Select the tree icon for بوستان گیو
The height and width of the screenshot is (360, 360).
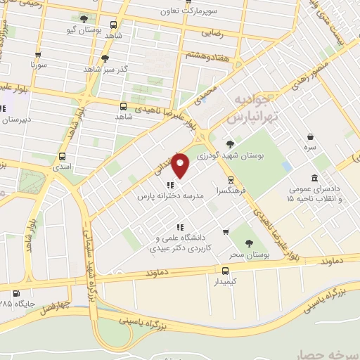coord(84,19)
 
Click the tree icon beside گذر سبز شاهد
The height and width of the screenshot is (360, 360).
coord(105,59)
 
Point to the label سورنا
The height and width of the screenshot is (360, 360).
coord(38,64)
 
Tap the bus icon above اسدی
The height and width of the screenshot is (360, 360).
coord(63,157)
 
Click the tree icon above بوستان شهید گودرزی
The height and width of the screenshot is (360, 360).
coord(230,144)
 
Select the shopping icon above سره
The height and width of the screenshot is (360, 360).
coord(309,137)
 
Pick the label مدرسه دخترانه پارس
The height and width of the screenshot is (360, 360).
coord(171,195)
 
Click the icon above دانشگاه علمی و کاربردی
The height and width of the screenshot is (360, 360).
coord(180,227)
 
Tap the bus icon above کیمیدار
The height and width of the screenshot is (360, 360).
coord(225,270)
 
